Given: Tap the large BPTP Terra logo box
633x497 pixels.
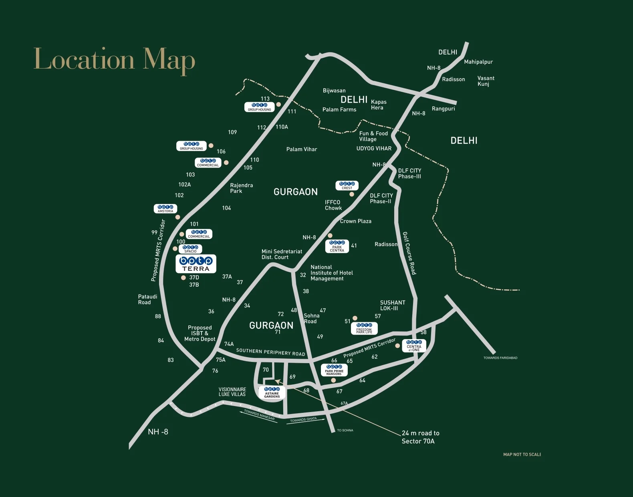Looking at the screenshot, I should point(196,264).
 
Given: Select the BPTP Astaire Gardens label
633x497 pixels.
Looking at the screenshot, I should point(272,392).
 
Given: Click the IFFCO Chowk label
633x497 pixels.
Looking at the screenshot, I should point(333,205).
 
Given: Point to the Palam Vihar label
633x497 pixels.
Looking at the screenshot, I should point(301,149).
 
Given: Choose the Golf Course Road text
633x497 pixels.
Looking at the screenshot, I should point(409,253).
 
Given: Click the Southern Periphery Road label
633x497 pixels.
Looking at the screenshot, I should point(270,352).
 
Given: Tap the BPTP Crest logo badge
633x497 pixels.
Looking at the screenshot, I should point(347,186).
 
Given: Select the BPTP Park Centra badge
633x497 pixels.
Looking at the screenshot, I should point(337,246).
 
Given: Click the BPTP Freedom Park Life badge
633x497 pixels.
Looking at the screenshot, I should point(364,328).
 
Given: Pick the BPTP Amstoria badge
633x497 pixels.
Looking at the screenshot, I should point(165,209).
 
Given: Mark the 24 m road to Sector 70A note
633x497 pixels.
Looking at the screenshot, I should point(420,437).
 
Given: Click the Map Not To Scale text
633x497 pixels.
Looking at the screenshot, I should point(522,455).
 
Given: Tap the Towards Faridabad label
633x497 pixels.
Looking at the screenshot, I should point(500,358).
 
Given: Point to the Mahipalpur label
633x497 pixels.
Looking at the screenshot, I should point(478,62).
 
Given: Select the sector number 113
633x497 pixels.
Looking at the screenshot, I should point(265,99).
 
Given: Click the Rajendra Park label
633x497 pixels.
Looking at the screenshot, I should point(241,188).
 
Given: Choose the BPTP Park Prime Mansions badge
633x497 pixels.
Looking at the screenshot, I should point(334,370).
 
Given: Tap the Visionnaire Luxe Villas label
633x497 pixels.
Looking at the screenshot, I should point(232,392).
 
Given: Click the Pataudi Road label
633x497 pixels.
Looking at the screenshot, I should point(147,299).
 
